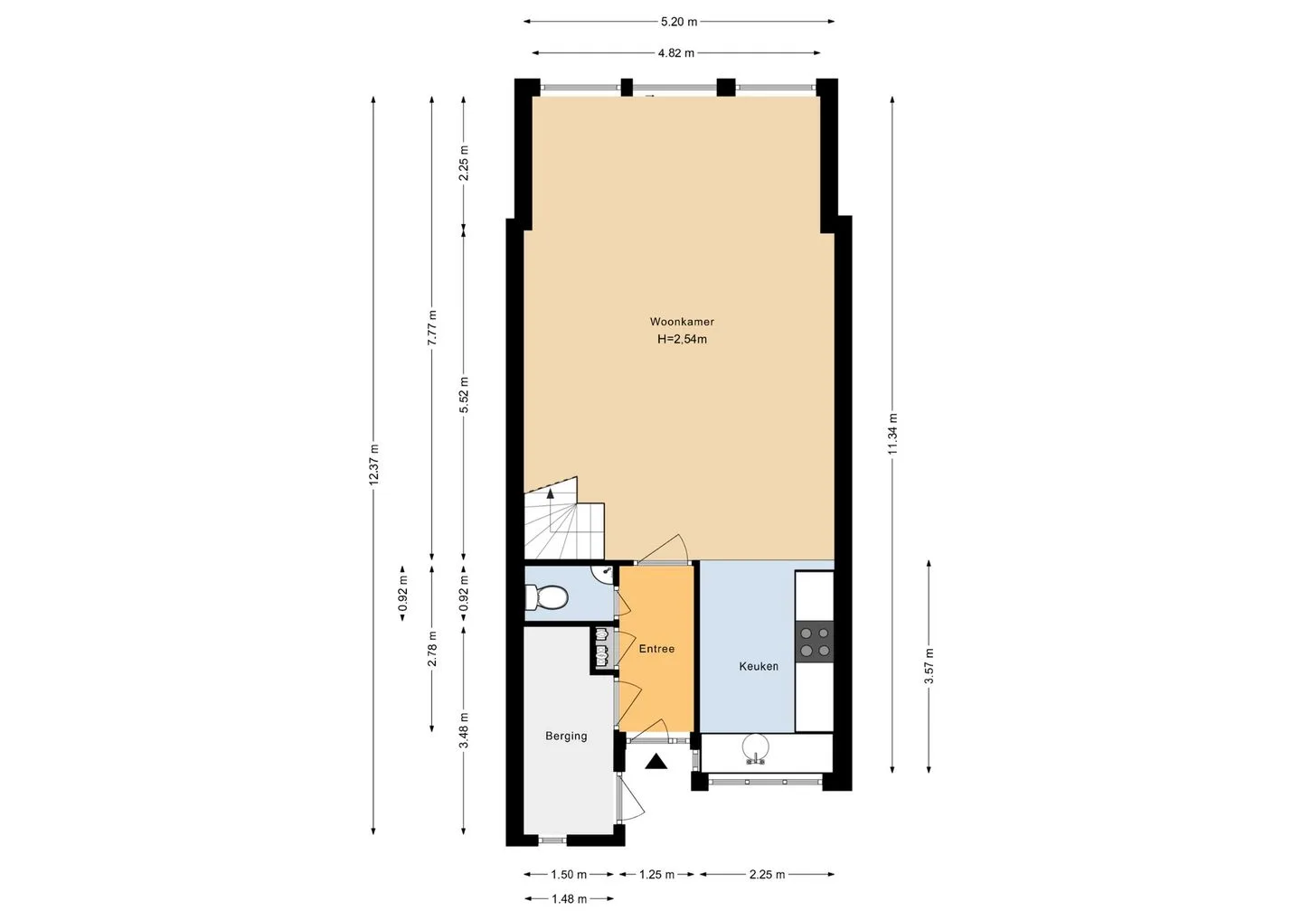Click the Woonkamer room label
pos(682,322)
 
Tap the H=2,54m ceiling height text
pos(682,339)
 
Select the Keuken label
pos(759,666)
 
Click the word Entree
pos(656,649)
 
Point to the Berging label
pos(566,736)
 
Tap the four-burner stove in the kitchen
pos(815,642)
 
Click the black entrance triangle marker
pos(656,762)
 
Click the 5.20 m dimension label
pos(679,22)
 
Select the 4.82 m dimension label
pos(676,53)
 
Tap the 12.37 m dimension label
pos(374,465)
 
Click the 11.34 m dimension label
pos(893,434)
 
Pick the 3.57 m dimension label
pos(929,666)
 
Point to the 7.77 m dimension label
pos(432,328)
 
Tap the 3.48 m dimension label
pos(464,730)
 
